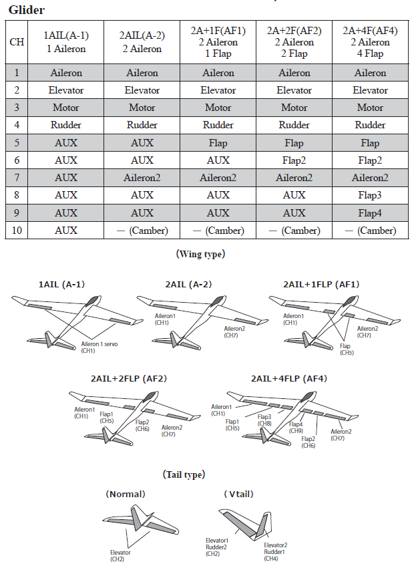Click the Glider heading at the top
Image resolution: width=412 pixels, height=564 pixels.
tap(27, 10)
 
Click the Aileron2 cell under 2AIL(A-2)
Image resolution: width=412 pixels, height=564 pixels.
tap(142, 178)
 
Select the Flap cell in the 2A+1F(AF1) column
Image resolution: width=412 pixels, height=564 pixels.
tap(218, 143)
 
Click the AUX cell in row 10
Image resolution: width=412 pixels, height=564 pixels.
tap(65, 230)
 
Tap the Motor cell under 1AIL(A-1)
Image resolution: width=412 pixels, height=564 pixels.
tap(65, 108)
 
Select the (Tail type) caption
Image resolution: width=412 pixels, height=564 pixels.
tap(184, 474)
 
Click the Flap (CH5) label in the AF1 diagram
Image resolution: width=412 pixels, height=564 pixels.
tap(346, 349)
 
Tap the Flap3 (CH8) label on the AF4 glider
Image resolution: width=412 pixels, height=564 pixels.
tap(265, 420)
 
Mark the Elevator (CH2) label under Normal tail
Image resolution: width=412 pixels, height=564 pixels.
tap(120, 556)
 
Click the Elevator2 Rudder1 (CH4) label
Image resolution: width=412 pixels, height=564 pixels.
tap(276, 551)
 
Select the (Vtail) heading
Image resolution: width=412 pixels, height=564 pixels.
tap(238, 495)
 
